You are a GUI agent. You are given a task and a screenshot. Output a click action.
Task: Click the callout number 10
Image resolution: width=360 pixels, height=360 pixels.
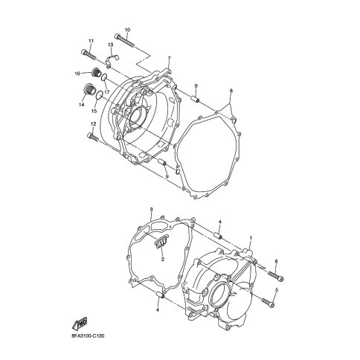coord(127,30)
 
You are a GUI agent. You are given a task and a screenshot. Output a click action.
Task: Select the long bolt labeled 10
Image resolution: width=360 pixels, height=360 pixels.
coord(125,41)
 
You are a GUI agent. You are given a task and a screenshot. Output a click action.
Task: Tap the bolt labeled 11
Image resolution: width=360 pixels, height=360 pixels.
coord(89,54)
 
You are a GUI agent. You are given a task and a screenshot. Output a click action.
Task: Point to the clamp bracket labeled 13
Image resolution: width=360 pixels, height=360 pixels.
coord(112,60)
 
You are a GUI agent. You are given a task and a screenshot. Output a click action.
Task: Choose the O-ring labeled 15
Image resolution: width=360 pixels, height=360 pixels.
coord(100,95)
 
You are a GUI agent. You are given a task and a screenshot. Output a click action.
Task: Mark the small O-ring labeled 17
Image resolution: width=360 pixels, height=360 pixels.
coord(104,77)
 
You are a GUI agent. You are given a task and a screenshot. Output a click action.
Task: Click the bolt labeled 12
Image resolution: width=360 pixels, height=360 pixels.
coord(93,137)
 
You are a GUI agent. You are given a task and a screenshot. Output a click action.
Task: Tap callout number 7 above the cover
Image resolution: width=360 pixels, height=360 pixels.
coord(169,58)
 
